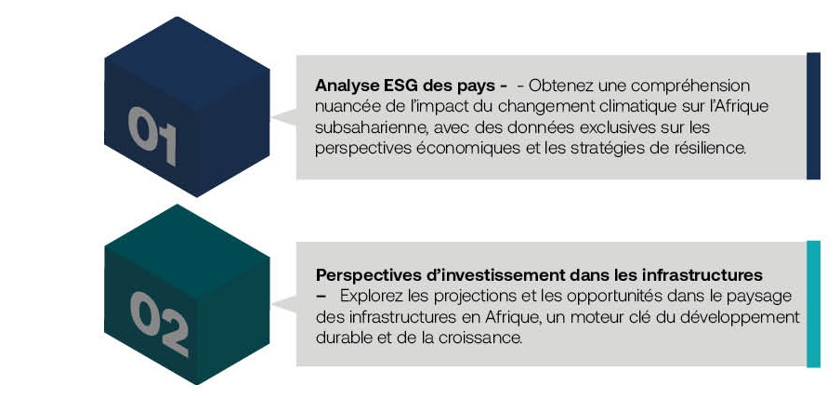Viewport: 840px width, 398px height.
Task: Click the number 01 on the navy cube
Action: coord(152,136)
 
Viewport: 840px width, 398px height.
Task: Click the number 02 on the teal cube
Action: coord(159,324)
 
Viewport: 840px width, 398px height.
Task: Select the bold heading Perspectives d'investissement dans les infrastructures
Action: coord(539,275)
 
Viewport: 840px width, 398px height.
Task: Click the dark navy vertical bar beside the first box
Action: coord(813,116)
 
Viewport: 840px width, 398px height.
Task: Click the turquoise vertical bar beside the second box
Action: coord(813,304)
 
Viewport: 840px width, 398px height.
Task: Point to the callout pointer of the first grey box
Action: coord(286,117)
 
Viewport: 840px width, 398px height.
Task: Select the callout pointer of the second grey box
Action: coord(286,304)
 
